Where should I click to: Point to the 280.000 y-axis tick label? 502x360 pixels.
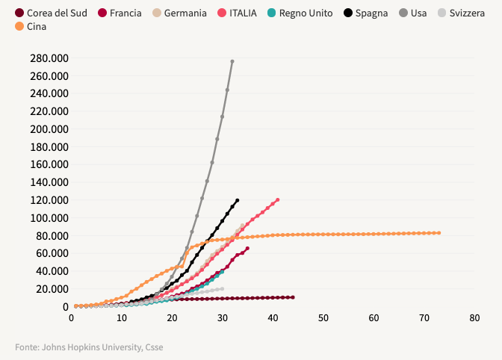pos(49,58)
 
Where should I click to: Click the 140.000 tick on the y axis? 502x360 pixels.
pos(49,182)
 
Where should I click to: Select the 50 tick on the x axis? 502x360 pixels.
pos(323,318)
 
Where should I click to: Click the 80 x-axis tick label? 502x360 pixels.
pos(474,318)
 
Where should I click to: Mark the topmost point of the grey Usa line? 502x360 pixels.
pos(232,61)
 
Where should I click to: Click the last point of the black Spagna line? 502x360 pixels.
pos(238,200)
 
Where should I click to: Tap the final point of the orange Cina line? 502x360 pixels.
pos(439,233)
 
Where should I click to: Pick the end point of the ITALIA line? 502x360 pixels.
pos(278,199)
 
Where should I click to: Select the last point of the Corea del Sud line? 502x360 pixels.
pos(293,297)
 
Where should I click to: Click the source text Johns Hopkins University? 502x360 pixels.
pos(109,347)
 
